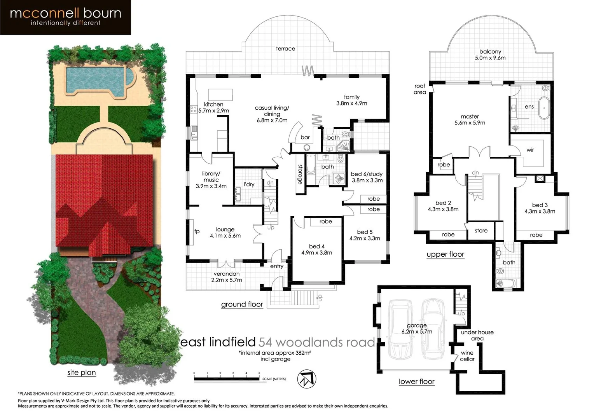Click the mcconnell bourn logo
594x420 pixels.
pos(65,17)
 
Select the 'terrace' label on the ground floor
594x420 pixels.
pos(285,49)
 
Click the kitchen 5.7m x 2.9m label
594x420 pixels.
pos(213,107)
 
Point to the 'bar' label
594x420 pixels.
pos(305,137)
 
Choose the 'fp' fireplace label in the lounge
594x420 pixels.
pos(197,231)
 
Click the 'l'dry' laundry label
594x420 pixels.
pos(249,184)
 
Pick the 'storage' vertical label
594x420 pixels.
pos(300,174)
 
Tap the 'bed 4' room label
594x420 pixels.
pos(316,249)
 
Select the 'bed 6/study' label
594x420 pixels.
pos(367,177)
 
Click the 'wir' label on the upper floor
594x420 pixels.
pos(530,150)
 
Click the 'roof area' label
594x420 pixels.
pos(420,89)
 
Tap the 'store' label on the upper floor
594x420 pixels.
pos(481,231)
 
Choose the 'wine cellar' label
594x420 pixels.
pos(467,356)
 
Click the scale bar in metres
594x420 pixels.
pos(227,378)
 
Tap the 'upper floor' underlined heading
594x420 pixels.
pos(445,254)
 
